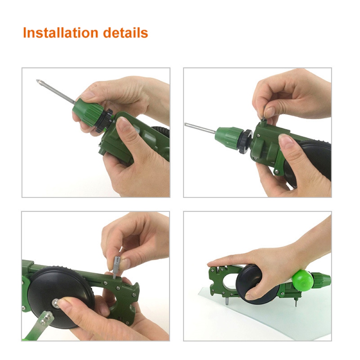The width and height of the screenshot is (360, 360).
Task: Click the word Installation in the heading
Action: click(61, 33)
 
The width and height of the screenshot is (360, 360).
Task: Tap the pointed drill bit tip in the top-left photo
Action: click(37, 81)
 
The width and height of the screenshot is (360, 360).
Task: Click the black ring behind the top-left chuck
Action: click(104, 121)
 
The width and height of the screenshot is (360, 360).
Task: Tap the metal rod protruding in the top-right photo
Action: click(200, 128)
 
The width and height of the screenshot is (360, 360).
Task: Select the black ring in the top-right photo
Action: click(246, 141)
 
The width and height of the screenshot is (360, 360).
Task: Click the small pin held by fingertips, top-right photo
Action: click(264, 114)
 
